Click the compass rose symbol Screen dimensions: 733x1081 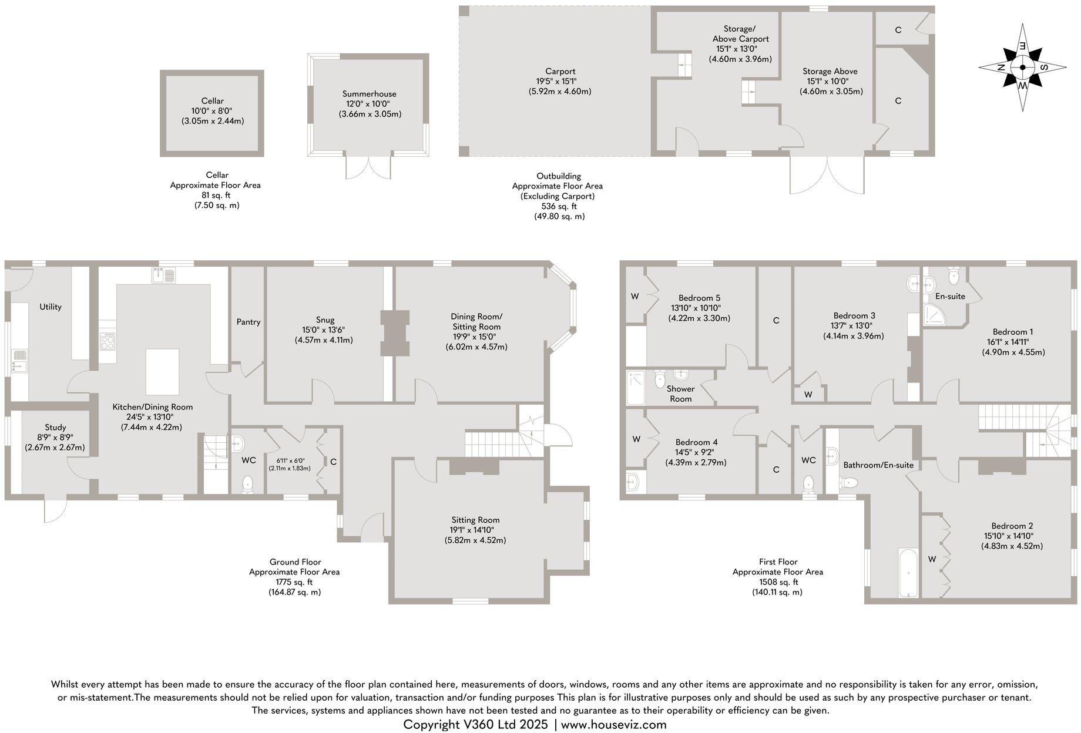(1022, 67)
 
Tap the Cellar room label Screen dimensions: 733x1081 (212, 101)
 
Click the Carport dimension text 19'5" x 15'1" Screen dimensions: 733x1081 (559, 81)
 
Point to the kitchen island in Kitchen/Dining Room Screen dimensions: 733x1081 (162, 372)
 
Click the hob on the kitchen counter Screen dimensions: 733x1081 (108, 341)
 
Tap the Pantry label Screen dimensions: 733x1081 (248, 322)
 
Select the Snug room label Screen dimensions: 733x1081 (325, 320)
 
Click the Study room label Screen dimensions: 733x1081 (55, 427)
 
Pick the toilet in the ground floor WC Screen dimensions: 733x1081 (248, 483)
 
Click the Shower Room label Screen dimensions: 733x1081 (680, 394)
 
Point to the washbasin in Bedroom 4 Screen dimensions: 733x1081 (633, 482)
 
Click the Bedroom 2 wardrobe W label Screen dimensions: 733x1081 (932, 559)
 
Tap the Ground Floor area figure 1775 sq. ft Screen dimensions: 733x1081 (294, 582)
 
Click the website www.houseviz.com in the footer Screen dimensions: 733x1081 (613, 724)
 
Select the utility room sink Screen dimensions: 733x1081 (19, 359)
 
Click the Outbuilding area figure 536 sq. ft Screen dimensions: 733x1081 (559, 206)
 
